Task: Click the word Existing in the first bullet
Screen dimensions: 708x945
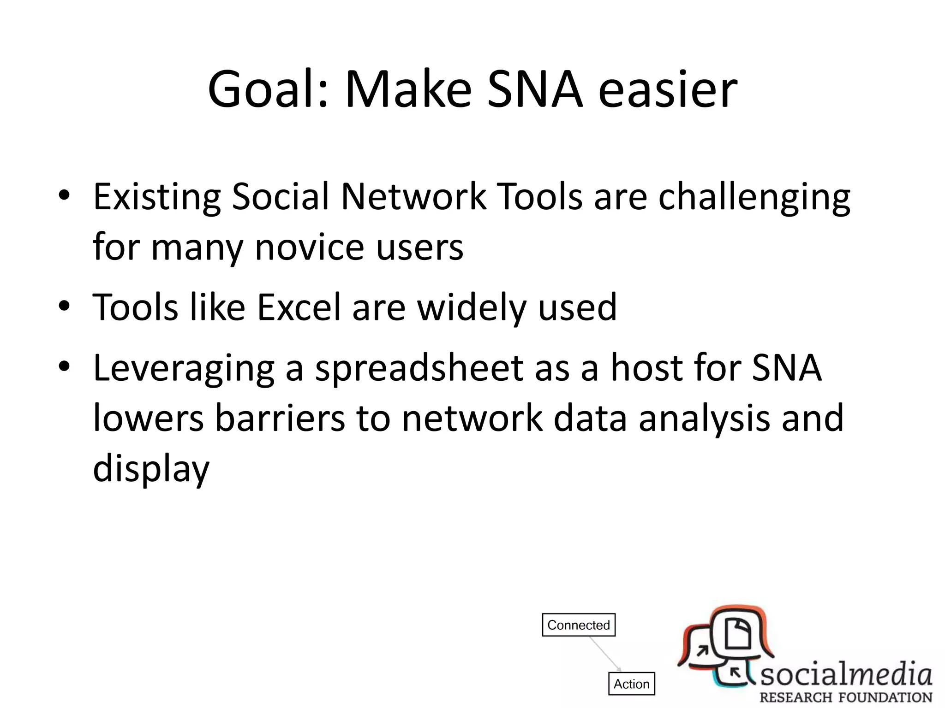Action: point(157,197)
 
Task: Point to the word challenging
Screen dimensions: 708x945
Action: point(754,197)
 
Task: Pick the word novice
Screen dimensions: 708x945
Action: point(309,247)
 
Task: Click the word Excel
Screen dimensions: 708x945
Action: point(298,307)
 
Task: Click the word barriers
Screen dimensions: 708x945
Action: point(280,419)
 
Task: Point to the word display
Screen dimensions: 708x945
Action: point(151,468)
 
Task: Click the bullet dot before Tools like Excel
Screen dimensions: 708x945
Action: point(64,306)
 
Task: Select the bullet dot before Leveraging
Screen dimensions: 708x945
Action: point(64,366)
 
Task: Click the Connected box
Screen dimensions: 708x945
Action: point(579,625)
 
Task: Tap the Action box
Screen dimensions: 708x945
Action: point(631,684)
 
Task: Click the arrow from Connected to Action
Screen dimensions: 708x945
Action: point(605,654)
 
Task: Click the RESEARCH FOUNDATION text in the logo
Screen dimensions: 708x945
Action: point(846,697)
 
